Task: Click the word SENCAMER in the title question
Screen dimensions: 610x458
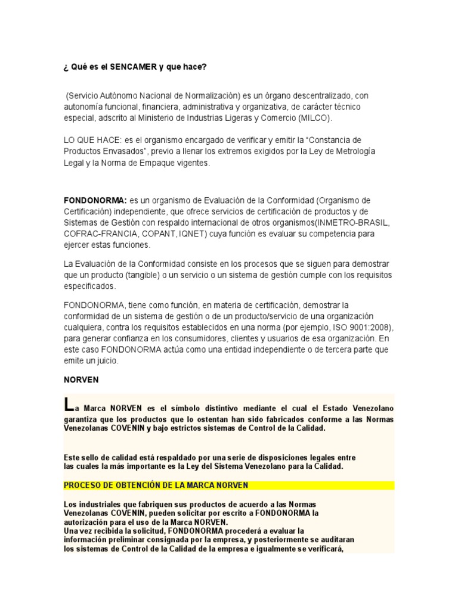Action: tap(133, 67)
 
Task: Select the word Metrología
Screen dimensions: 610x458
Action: tap(354, 151)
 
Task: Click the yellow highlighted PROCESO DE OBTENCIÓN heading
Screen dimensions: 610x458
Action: tap(156, 485)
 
